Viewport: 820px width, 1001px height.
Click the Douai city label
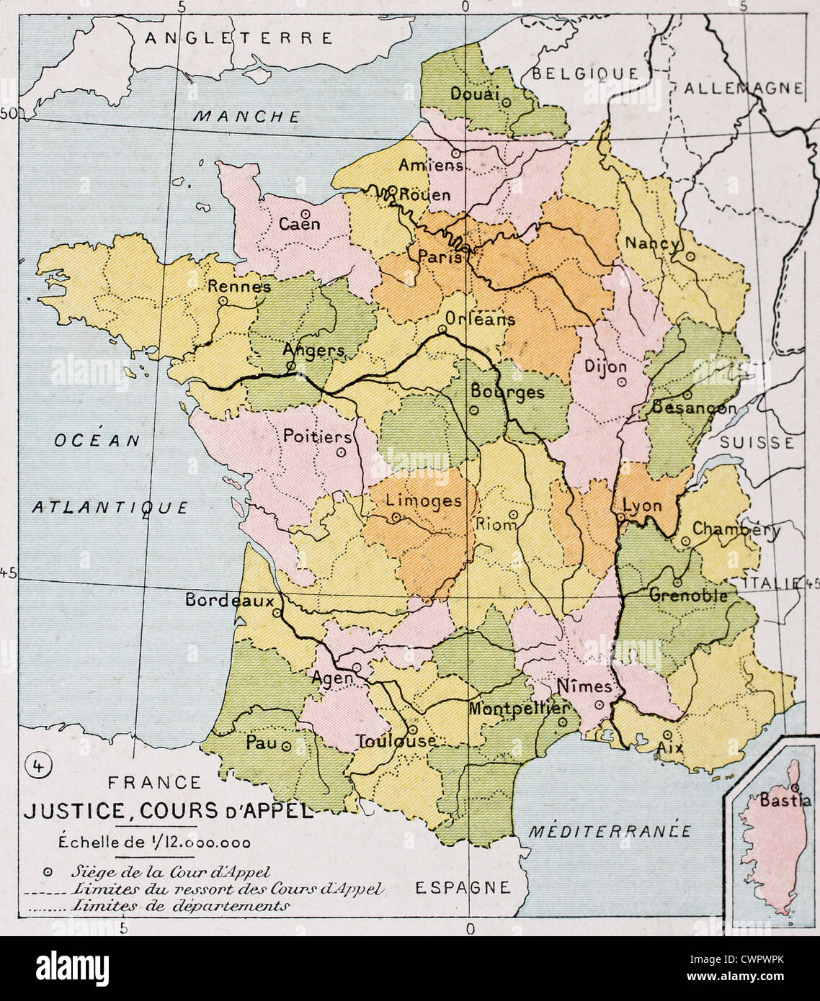[473, 94]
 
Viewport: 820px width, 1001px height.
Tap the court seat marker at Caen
[306, 214]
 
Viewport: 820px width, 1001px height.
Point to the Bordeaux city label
[230, 600]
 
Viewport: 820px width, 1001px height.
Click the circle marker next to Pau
[286, 747]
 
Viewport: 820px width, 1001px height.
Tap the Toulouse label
[396, 740]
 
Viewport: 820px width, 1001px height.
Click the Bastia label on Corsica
[785, 800]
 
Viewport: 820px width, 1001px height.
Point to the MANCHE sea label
[247, 116]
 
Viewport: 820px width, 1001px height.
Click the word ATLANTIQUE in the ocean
[110, 508]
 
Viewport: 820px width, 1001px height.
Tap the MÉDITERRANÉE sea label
[610, 831]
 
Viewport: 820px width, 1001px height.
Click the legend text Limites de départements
[181, 906]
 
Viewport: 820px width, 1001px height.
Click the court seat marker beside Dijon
[621, 382]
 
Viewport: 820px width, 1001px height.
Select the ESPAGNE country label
[463, 887]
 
